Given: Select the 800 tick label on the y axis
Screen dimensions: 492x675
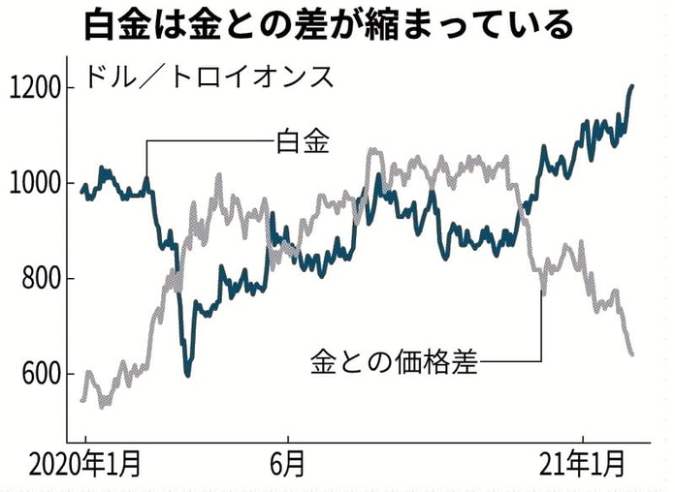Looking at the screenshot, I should point(36,280).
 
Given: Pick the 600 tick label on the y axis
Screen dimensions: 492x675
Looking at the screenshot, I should point(36,375).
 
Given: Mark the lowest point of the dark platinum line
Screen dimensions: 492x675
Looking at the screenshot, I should point(187,373).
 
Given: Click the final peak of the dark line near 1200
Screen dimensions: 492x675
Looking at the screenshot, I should point(631,87).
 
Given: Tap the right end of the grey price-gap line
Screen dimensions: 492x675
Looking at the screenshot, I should point(632,354).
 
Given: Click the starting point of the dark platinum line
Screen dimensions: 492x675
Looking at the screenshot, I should point(82,191).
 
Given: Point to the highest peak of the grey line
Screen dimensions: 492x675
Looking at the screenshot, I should point(372,151).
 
